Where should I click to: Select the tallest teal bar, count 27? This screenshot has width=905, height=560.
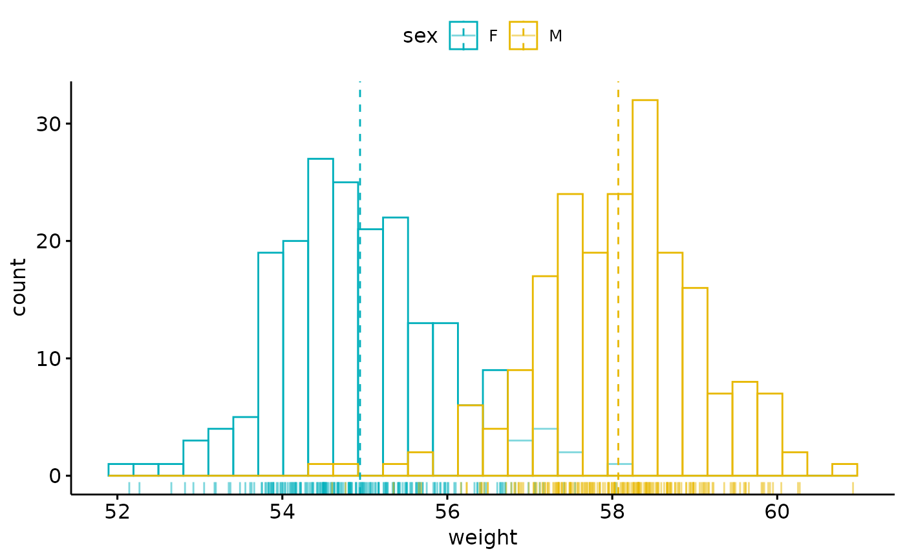click(x=320, y=317)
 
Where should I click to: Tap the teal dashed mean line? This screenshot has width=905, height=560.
click(x=359, y=129)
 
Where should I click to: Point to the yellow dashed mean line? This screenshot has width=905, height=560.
click(x=618, y=129)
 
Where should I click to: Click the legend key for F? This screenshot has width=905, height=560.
click(x=463, y=36)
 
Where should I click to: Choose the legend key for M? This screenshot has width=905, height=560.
click(x=523, y=36)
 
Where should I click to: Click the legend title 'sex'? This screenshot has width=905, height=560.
click(x=420, y=36)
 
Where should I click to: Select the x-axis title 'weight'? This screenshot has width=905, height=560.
click(x=482, y=537)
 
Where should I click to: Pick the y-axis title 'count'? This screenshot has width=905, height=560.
click(x=19, y=287)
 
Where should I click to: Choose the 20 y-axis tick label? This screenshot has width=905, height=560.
click(x=48, y=241)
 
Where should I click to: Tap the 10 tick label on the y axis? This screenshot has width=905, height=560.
click(x=48, y=358)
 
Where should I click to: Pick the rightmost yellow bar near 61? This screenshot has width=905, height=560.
click(x=844, y=470)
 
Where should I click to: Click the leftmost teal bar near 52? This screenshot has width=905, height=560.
click(x=121, y=470)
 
